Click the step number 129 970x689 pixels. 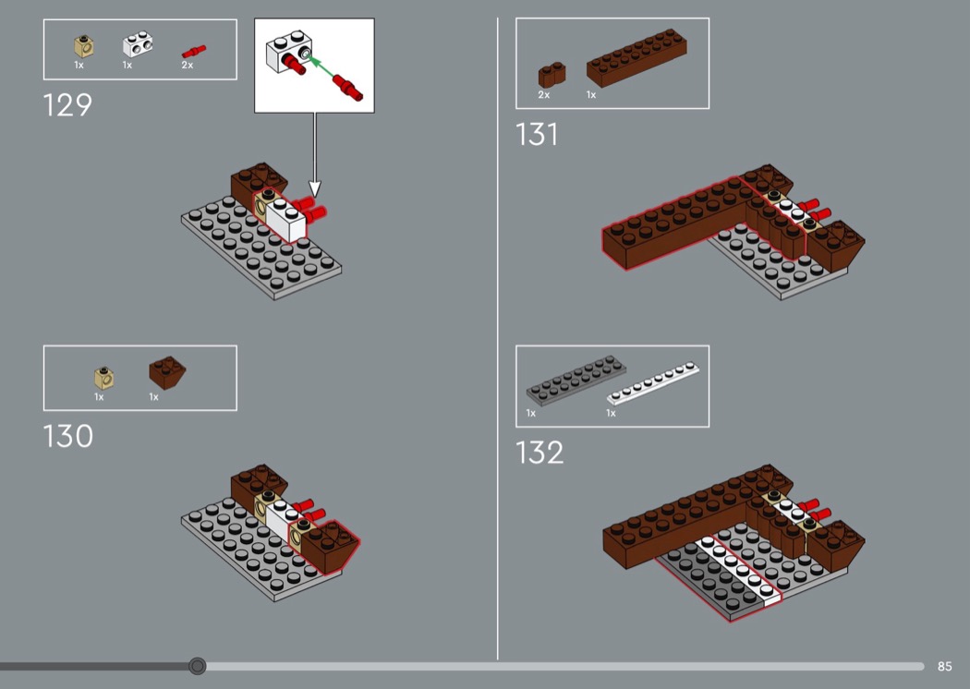(67, 105)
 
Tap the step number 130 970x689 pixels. (68, 436)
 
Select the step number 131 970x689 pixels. (537, 134)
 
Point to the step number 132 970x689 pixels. (540, 453)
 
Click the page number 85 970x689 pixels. (944, 666)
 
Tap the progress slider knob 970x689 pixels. (198, 666)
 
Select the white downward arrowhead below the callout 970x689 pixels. (315, 188)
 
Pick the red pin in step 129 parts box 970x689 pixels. (194, 52)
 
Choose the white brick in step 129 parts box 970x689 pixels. (138, 44)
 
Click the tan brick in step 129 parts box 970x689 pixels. (83, 46)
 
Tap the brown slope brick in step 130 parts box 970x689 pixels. (167, 372)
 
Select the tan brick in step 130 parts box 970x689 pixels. (103, 378)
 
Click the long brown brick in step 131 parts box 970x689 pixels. (637, 57)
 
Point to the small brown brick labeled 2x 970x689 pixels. (552, 75)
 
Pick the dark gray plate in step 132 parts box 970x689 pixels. (576, 381)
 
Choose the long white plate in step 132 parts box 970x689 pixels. (653, 383)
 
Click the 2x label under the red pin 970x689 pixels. (188, 65)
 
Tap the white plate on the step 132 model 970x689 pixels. (737, 570)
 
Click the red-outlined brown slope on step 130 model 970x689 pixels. (330, 545)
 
